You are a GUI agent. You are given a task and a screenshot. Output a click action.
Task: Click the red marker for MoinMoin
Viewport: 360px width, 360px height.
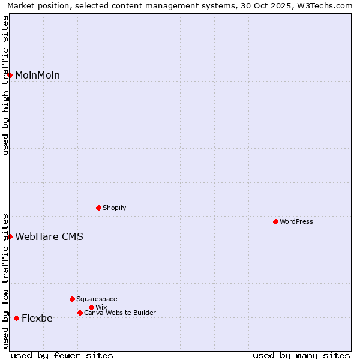10,75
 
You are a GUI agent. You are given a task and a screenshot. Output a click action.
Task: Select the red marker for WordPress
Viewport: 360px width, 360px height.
275,221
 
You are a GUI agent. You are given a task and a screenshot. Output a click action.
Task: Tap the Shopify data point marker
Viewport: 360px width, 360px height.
98,208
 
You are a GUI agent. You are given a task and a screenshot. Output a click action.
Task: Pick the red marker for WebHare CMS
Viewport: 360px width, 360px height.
10,236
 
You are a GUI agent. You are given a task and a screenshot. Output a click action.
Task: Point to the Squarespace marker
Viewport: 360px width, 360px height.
72,299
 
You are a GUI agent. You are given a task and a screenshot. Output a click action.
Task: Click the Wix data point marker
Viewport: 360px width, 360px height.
91,307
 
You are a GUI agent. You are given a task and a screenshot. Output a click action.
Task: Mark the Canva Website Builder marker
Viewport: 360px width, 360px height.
80,313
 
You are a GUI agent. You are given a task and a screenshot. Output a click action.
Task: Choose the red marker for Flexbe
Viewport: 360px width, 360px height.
16,318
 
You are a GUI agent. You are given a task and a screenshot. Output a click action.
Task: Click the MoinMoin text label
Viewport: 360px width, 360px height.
37,75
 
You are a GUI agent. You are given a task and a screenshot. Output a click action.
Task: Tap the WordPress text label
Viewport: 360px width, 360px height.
296,221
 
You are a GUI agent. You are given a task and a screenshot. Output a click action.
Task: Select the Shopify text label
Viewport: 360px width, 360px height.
115,208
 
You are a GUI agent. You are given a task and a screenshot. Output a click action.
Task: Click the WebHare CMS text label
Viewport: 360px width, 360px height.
49,236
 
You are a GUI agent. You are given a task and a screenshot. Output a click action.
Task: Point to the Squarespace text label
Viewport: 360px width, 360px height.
97,299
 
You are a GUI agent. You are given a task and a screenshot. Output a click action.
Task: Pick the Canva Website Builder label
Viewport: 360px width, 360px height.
120,313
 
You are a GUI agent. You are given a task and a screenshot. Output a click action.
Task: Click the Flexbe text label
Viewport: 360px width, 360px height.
37,318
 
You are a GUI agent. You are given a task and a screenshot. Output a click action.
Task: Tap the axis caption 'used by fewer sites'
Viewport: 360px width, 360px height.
62,355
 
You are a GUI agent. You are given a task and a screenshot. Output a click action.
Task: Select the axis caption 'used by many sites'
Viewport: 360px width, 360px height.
301,355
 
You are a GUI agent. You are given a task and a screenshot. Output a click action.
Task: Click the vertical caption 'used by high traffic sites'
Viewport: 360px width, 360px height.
6,85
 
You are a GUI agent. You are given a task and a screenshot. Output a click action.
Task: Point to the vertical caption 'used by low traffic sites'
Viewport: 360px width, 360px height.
6,280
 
